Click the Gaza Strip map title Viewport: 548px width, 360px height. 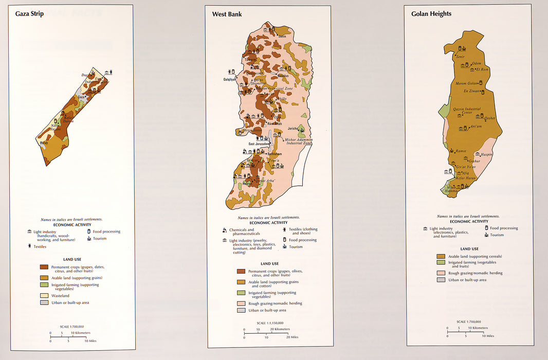(x=29, y=14)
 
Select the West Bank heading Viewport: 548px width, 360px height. (x=227, y=14)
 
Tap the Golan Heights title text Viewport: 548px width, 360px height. (x=431, y=14)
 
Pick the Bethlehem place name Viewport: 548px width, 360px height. (x=273, y=154)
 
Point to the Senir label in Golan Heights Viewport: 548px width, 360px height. (x=460, y=57)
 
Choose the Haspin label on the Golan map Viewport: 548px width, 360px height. (x=486, y=154)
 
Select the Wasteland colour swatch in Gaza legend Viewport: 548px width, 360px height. (x=44, y=296)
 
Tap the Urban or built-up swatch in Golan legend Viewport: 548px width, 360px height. (x=441, y=280)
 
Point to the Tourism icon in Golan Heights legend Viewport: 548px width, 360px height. (x=485, y=235)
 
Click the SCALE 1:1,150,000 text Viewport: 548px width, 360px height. (x=267, y=323)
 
